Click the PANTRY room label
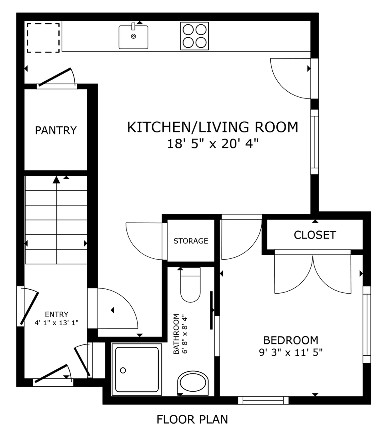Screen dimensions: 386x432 coord(56,130)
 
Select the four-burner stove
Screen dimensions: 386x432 coord(194,36)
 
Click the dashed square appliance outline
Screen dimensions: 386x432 coord(43,38)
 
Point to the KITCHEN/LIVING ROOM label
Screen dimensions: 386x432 coord(212,127)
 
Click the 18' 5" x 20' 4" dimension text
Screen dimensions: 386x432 coord(213,144)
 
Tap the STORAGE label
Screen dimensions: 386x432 coord(191,241)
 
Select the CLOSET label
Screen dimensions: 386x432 coord(315,235)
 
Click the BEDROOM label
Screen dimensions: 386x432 coord(291,340)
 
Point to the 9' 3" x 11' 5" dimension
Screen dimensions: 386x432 coord(291,352)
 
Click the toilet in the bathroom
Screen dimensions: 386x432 coord(190,285)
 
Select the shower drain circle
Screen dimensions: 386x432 coord(123,370)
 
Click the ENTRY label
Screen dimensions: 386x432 coord(56,314)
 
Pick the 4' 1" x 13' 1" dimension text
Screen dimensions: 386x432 coord(56,323)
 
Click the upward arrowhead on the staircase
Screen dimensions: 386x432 coord(56,180)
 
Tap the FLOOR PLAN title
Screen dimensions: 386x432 coord(192,419)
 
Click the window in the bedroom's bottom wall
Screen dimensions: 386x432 coord(263,400)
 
